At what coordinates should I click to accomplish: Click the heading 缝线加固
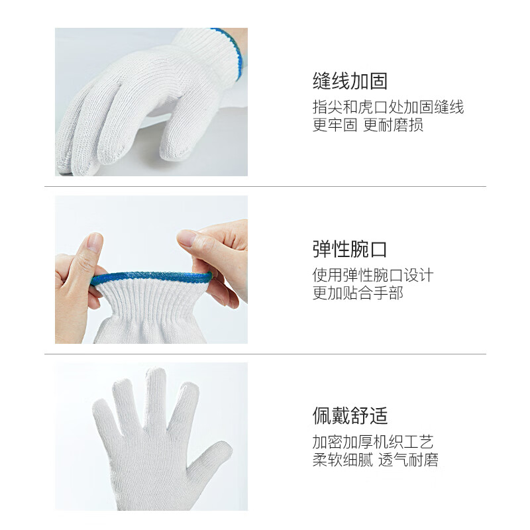coord(350,81)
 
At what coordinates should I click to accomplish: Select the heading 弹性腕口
coord(350,250)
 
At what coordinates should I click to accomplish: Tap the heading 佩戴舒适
coord(350,416)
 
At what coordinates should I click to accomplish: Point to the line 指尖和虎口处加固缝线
coord(388,107)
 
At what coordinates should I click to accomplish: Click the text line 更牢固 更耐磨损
coord(368,125)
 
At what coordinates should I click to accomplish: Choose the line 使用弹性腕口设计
coord(373,275)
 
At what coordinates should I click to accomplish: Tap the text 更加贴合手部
coord(358,293)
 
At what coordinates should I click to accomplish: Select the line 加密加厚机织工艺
coord(373,442)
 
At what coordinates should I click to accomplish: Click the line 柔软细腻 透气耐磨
coord(375,460)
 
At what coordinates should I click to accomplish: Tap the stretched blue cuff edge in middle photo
coord(149,276)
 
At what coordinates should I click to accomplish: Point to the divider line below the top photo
coord(265,186)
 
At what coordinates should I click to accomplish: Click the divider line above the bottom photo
coord(265,354)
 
